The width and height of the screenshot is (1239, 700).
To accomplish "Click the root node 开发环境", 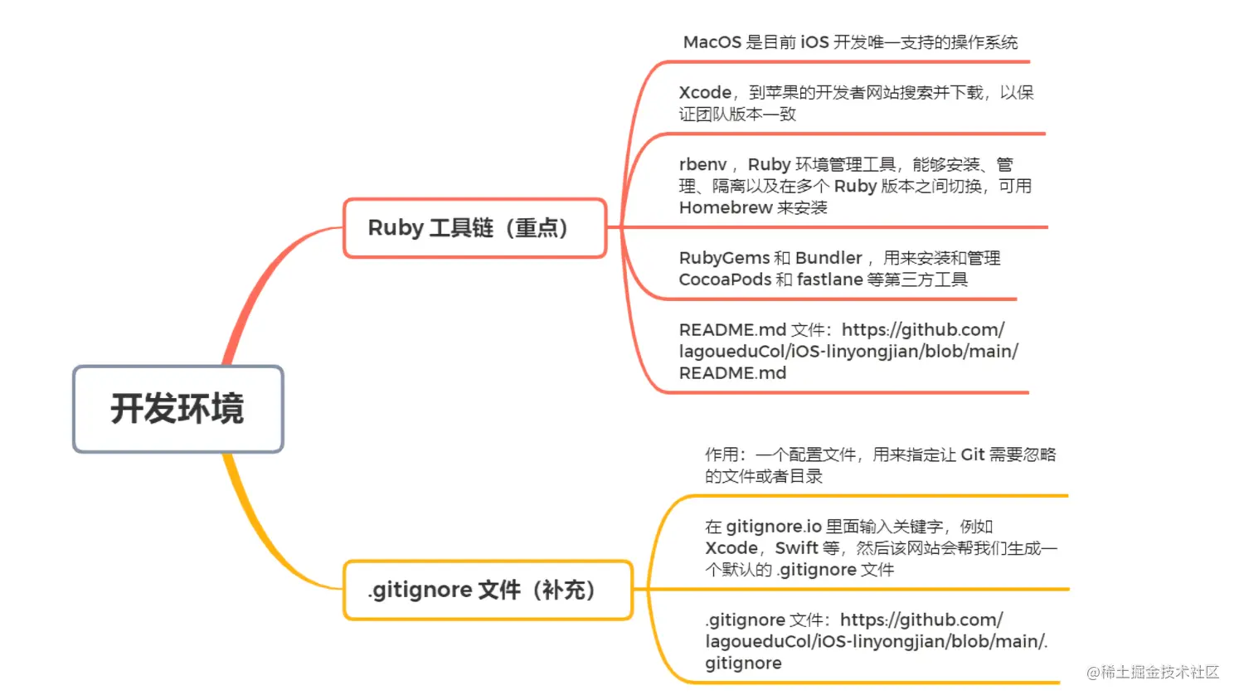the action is click(x=177, y=409).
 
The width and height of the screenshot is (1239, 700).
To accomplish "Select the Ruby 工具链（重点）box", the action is click(x=474, y=228).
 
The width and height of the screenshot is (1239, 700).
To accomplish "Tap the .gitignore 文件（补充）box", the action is click(x=488, y=590).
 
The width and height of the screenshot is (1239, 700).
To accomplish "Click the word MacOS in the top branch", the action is click(x=712, y=42).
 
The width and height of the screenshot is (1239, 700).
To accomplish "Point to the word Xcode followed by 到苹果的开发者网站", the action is click(x=705, y=93).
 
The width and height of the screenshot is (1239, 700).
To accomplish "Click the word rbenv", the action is click(x=702, y=165).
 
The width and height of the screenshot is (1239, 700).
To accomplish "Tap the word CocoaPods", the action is click(x=725, y=280).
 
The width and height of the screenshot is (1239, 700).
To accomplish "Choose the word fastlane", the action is click(x=829, y=280).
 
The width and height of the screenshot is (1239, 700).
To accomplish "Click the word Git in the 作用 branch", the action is click(x=973, y=455).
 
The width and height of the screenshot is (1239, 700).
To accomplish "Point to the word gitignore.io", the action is click(x=774, y=527).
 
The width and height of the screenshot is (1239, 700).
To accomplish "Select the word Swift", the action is click(x=796, y=548).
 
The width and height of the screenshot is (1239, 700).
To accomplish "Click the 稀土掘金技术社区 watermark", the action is click(x=1153, y=672).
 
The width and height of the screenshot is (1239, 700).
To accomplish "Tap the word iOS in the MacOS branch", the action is click(x=814, y=42).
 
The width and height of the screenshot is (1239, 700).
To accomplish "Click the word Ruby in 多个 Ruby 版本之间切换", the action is click(x=855, y=187).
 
